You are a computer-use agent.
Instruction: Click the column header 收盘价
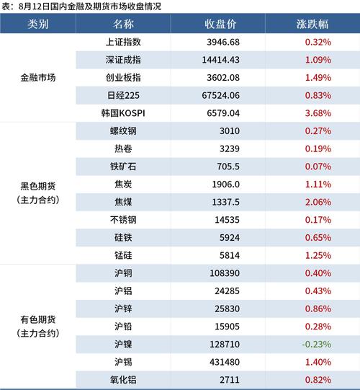click(220, 24)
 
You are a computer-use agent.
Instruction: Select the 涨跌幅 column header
click(312, 24)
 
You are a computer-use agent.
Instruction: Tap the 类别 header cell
click(37, 24)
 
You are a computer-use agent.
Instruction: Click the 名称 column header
click(123, 24)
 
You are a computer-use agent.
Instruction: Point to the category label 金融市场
click(37, 78)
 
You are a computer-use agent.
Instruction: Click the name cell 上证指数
click(123, 42)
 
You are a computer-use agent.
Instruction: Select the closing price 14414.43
click(220, 60)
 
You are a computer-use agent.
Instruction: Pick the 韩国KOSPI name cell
click(123, 113)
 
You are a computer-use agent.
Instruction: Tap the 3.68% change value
click(318, 113)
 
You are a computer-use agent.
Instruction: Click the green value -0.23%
click(317, 345)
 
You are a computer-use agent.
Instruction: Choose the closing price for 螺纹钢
click(229, 131)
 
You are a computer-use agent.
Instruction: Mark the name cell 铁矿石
click(123, 167)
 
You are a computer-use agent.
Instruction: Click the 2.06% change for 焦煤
click(318, 202)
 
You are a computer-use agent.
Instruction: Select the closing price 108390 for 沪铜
click(225, 273)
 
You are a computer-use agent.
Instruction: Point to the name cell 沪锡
click(123, 362)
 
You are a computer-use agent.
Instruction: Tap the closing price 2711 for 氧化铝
click(229, 380)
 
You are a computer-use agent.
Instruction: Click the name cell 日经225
click(123, 95)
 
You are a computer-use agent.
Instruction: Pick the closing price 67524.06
click(220, 95)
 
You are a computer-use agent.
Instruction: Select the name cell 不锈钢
click(123, 220)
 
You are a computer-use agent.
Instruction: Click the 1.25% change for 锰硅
click(318, 255)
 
